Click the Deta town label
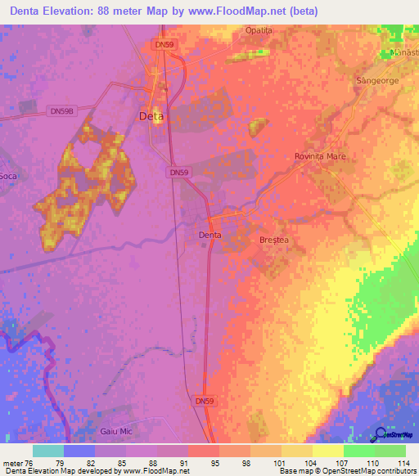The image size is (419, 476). tap(151, 116)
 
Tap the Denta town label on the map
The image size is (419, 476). tap(210, 235)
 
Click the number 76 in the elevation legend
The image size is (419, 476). tap(31, 462)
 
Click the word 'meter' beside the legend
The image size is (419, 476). tap(13, 462)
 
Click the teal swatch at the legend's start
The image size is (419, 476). tap(47, 451)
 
